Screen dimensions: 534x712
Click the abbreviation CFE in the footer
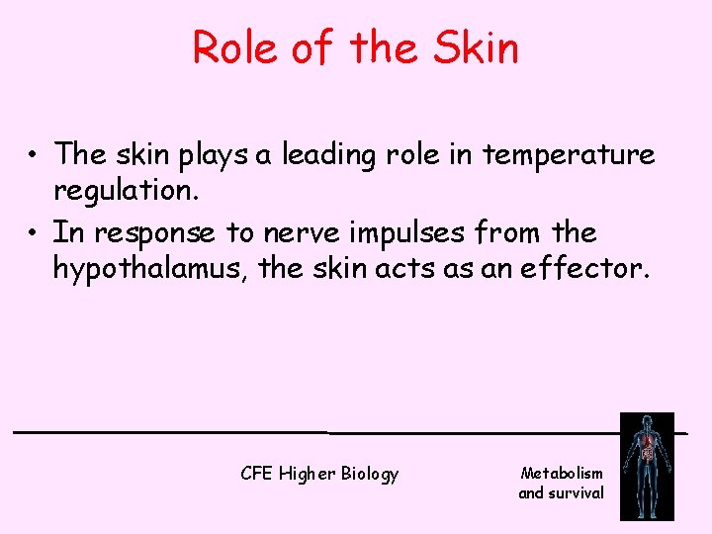click(x=256, y=474)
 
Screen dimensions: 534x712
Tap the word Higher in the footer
click(x=308, y=475)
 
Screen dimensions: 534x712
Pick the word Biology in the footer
click(x=370, y=475)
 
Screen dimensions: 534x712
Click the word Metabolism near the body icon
click(x=562, y=474)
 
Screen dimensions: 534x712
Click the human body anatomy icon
click(x=647, y=466)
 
